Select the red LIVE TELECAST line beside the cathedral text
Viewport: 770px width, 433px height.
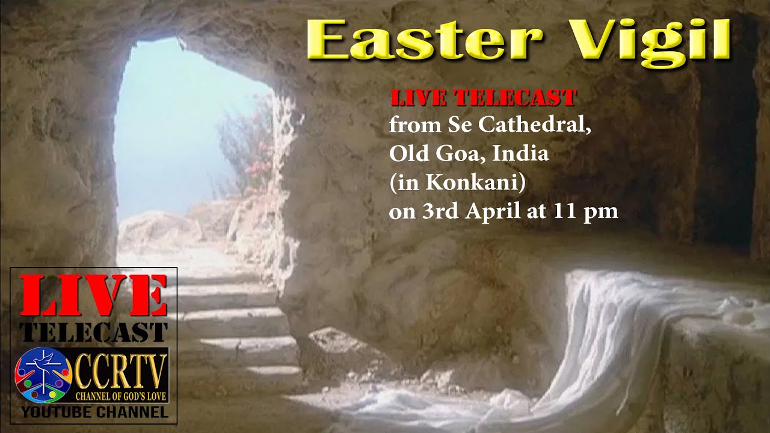pos(484,97)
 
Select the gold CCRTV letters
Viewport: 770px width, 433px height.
pos(120,370)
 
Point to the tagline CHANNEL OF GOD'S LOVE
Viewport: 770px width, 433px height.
pos(121,397)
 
